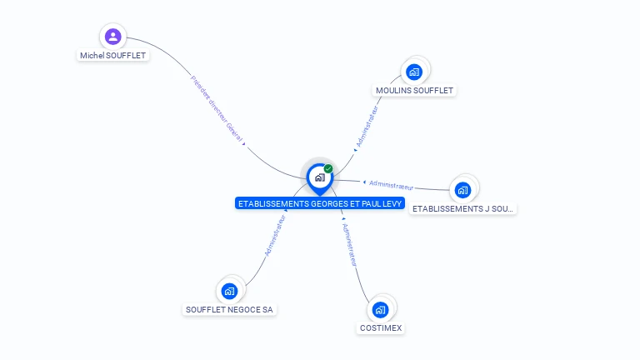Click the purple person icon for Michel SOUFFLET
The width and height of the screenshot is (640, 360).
click(113, 37)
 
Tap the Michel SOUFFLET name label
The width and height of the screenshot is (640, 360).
click(112, 56)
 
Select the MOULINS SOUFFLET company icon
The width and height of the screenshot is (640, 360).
click(414, 72)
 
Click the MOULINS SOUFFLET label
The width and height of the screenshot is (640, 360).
click(416, 90)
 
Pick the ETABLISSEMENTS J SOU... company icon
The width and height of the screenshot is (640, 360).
click(463, 190)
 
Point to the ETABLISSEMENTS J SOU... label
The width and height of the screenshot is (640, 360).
click(463, 208)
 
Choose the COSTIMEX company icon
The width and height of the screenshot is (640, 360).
click(381, 310)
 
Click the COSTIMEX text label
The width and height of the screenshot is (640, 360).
click(381, 328)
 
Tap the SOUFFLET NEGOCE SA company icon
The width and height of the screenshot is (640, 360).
click(230, 292)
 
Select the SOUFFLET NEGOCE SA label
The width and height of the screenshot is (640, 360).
click(229, 310)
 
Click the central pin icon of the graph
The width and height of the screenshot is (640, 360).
click(318, 177)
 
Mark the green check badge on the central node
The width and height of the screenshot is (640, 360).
click(328, 169)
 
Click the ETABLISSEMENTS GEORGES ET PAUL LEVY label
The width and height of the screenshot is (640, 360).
click(320, 203)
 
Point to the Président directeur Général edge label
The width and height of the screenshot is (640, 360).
click(217, 110)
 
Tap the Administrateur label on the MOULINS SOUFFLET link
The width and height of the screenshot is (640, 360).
click(367, 127)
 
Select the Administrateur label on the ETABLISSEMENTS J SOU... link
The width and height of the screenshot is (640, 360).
click(391, 184)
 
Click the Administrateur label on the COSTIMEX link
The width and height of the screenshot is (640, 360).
click(351, 243)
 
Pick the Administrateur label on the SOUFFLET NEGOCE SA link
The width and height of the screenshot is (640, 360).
click(275, 235)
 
